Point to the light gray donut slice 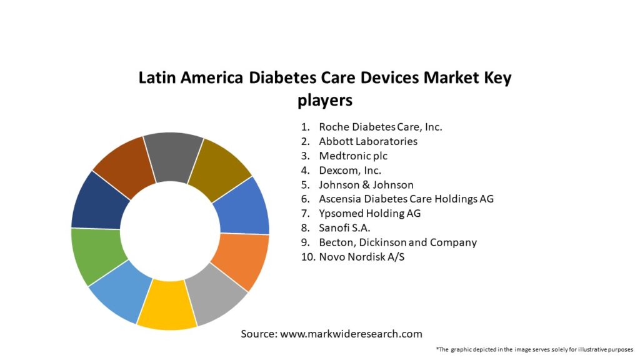click(x=216, y=294)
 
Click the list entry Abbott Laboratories click(x=367, y=141)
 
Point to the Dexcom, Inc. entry click(x=350, y=170)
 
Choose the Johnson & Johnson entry click(x=366, y=184)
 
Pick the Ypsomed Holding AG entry click(x=369, y=213)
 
